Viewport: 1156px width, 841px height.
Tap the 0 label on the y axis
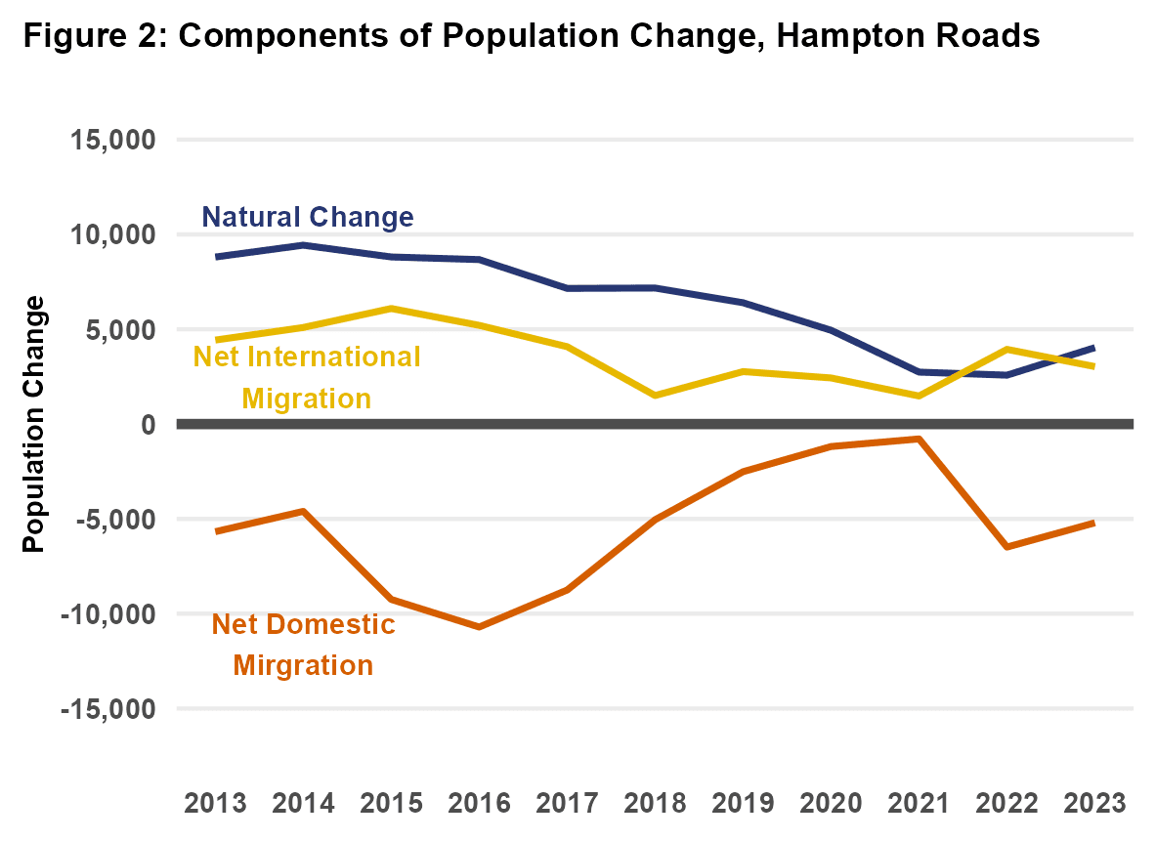coord(148,425)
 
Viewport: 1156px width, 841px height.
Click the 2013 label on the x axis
coord(216,803)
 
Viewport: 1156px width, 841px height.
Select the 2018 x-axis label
coord(655,803)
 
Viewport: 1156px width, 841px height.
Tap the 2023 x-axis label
coord(1094,803)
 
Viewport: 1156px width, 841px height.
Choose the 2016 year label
coord(479,803)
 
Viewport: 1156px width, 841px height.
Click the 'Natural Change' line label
coord(308,217)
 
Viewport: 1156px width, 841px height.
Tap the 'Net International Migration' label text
coord(307,377)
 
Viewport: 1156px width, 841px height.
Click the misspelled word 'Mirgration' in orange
coord(303,666)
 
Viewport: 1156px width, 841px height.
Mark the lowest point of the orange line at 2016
coord(479,626)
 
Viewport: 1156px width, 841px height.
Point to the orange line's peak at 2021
coord(919,439)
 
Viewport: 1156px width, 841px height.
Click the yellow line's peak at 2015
coord(391,309)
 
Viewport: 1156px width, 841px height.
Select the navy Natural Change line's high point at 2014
coord(303,245)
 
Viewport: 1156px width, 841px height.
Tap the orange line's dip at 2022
coord(1006,547)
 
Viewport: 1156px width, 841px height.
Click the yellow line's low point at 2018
coord(655,396)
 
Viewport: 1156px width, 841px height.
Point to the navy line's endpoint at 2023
coord(1093,348)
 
